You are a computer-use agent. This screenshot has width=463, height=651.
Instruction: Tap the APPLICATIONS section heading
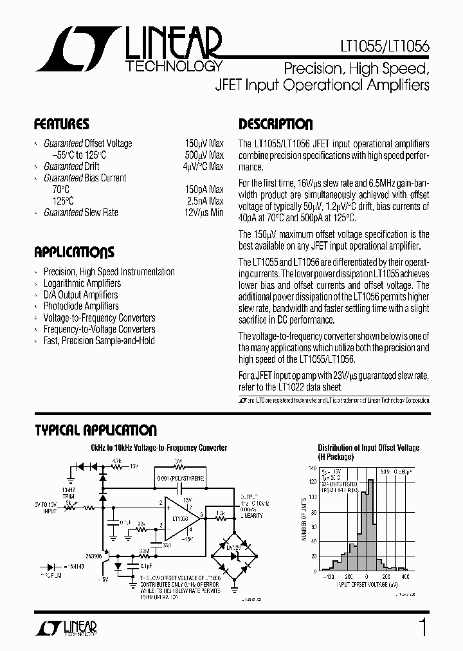pyautogui.click(x=74, y=252)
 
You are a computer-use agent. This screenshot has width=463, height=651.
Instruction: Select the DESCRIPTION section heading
pyautogui.click(x=275, y=124)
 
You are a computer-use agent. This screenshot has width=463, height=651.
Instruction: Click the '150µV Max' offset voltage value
pyautogui.click(x=203, y=143)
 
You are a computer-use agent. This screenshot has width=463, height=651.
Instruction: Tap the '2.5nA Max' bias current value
pyautogui.click(x=203, y=201)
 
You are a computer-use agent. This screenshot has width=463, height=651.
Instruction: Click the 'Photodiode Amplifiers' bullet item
pyautogui.click(x=81, y=306)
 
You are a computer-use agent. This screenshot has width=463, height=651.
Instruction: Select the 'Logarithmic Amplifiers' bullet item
pyautogui.click(x=82, y=283)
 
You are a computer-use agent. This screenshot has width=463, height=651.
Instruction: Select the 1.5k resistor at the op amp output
pyautogui.click(x=221, y=513)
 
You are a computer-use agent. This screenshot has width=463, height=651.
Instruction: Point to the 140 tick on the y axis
pyautogui.click(x=312, y=468)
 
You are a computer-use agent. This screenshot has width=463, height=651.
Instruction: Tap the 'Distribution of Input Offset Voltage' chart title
pyautogui.click(x=368, y=448)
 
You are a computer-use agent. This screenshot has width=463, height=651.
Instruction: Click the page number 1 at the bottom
pyautogui.click(x=422, y=628)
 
